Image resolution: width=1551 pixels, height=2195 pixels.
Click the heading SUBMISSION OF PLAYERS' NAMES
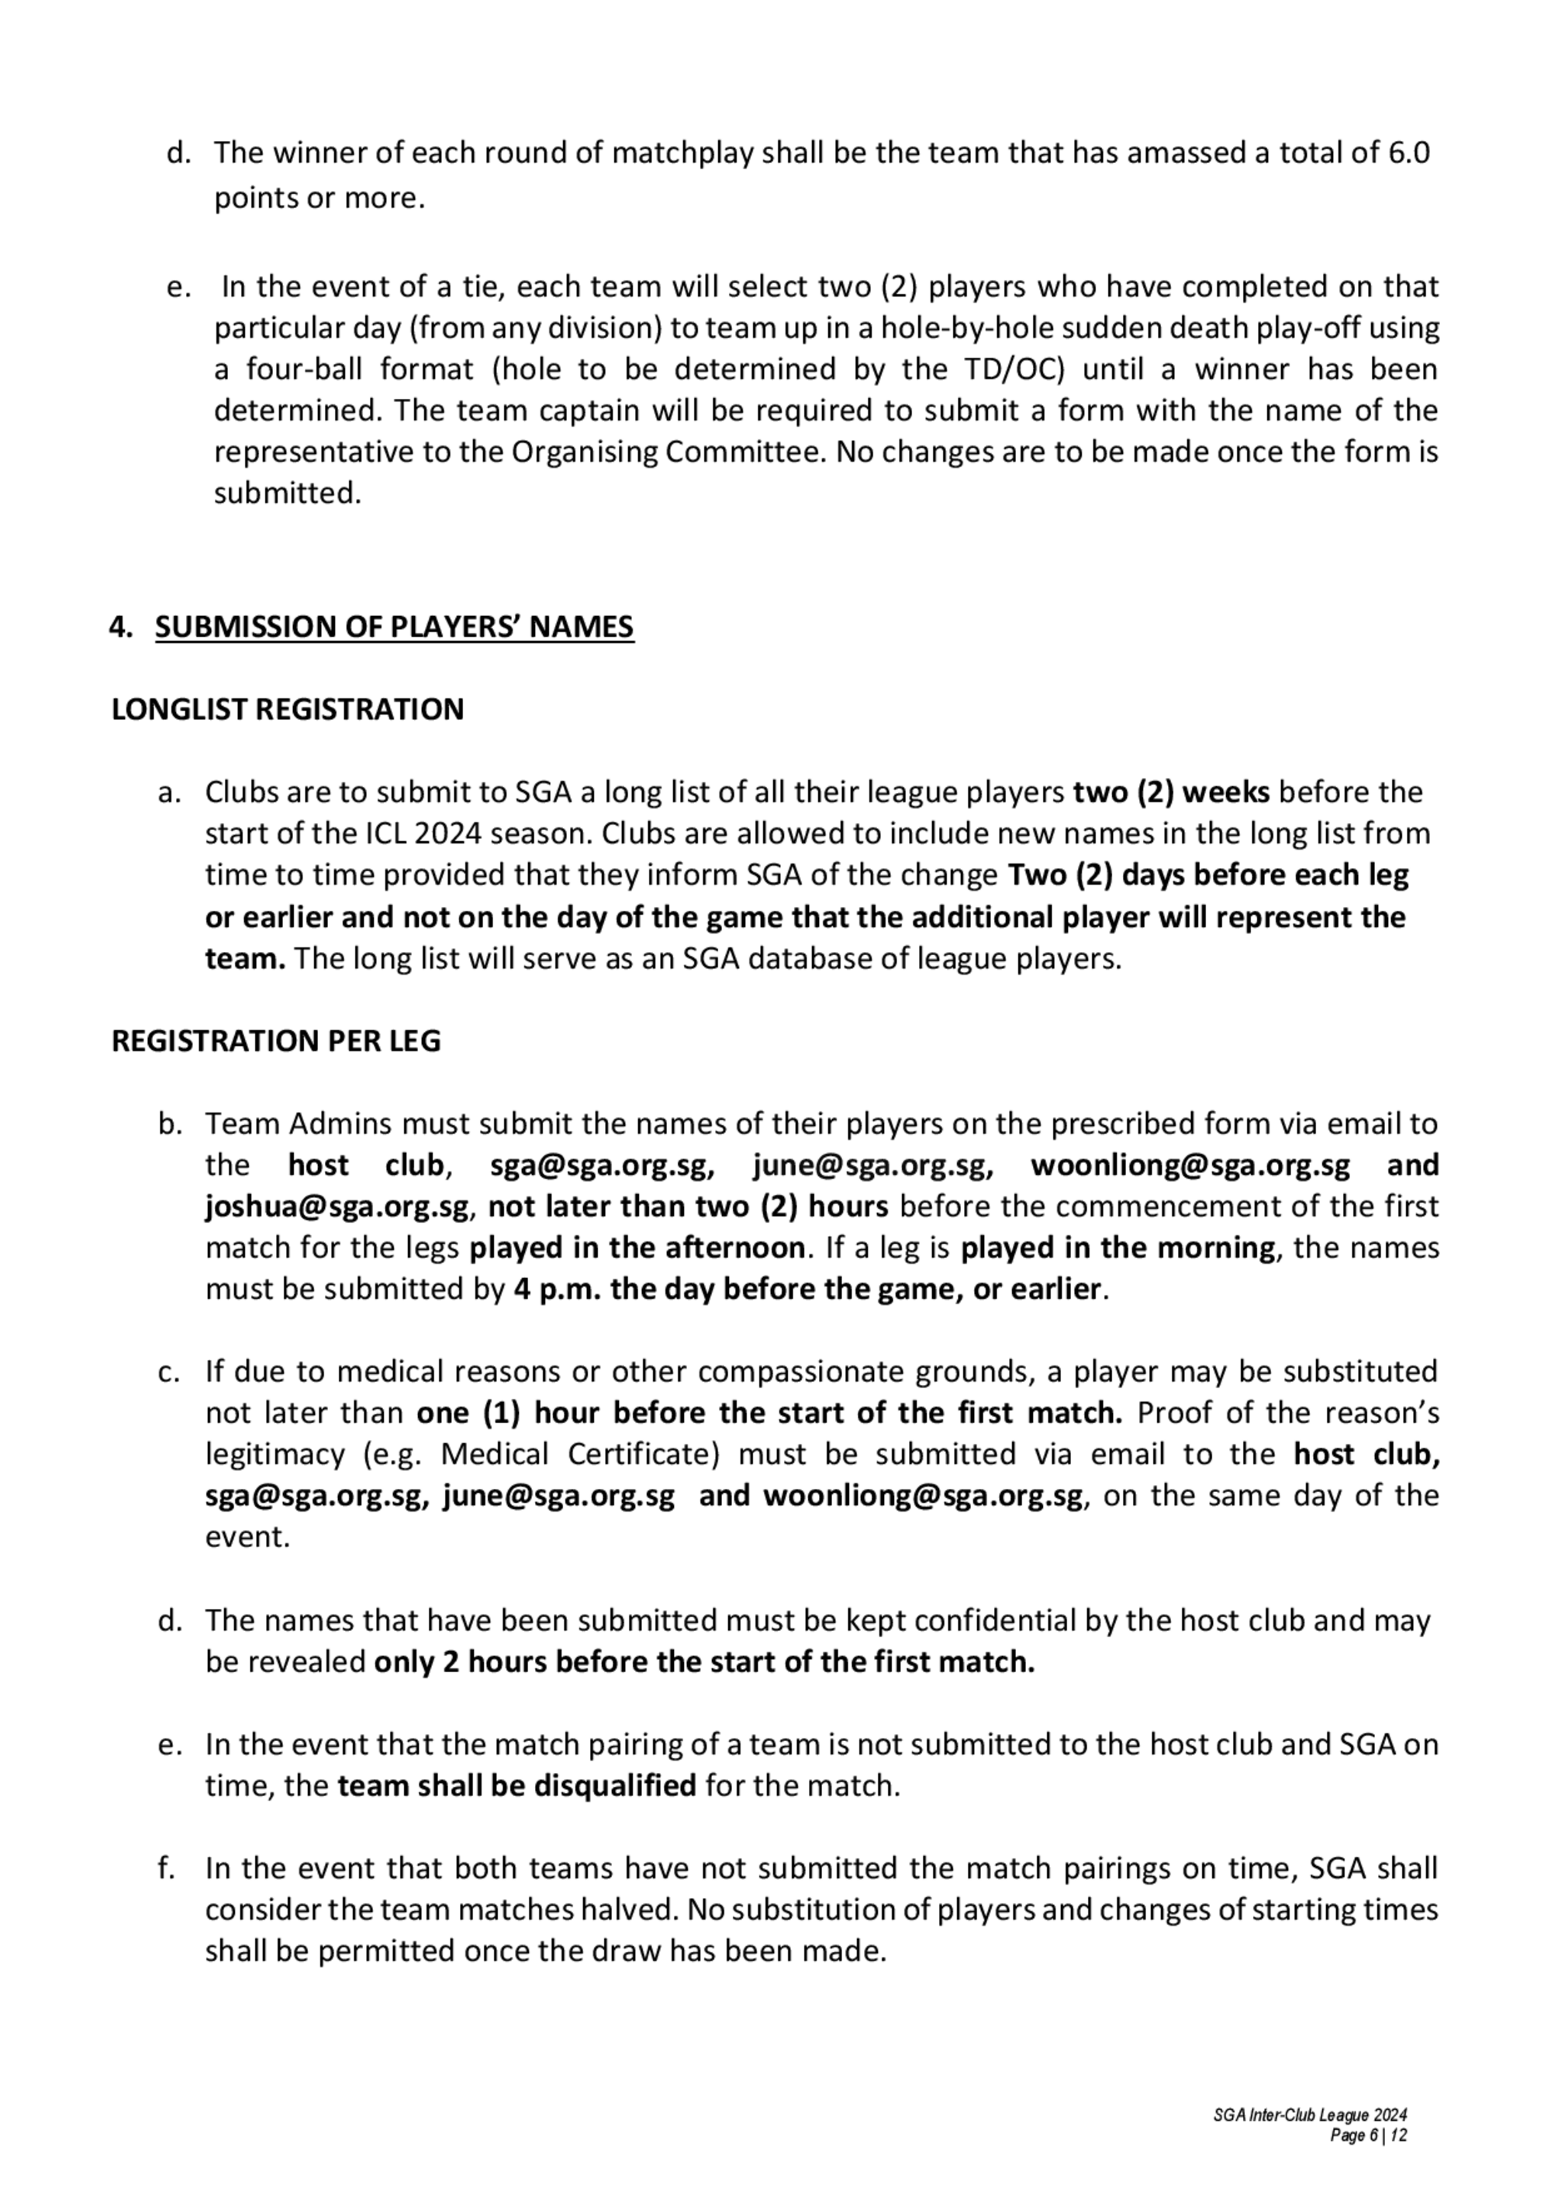394,627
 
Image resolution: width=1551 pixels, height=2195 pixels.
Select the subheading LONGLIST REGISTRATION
288,709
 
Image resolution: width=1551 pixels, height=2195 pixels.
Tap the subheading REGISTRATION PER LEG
276,1041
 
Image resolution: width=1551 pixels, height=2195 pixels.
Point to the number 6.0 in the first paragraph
1408,153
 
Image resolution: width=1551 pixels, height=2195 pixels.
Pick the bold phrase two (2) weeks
1172,792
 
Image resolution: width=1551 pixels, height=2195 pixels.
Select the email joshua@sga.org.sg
337,1207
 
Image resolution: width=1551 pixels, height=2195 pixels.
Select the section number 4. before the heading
122,627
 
